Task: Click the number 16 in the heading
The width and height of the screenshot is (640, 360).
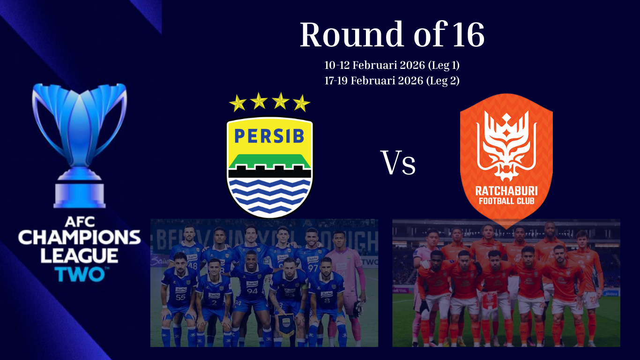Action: click(x=469, y=35)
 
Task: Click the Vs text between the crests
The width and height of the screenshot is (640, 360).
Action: click(x=398, y=163)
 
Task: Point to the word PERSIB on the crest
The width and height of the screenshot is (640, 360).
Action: click(x=269, y=136)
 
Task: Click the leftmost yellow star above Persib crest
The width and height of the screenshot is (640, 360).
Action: click(x=238, y=103)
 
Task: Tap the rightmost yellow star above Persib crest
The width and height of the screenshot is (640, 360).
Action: click(x=302, y=103)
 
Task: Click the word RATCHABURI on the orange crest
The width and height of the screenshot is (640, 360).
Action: click(x=506, y=191)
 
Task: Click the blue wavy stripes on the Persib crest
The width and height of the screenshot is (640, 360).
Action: click(x=269, y=195)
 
